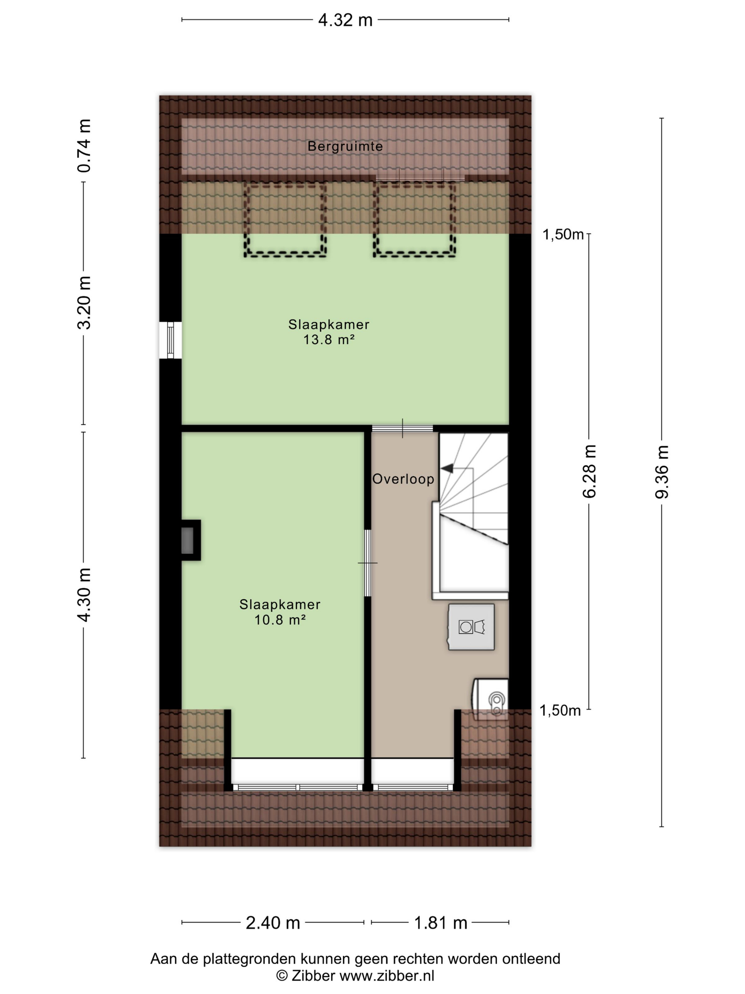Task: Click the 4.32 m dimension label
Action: (345, 20)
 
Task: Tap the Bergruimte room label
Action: (345, 146)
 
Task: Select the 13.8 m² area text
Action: (329, 340)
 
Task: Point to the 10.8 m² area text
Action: (280, 620)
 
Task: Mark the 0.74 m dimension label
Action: (84, 146)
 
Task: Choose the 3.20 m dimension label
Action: (84, 303)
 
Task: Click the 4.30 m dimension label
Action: (84, 595)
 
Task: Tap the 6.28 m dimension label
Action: (589, 471)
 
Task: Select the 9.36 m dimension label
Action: (662, 472)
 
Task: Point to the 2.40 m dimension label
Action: (272, 923)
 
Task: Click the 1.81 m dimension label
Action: (441, 923)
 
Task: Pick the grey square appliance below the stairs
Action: (471, 627)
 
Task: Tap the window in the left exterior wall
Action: (170, 340)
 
